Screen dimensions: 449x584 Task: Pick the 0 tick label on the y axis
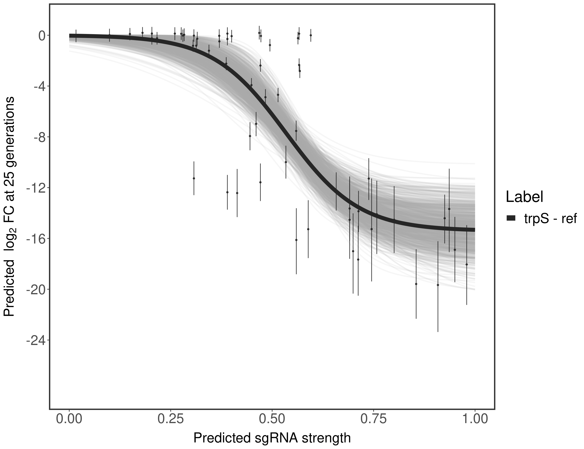click(42, 36)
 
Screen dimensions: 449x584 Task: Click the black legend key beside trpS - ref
click(511, 218)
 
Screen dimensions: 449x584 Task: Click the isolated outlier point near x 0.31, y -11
click(194, 178)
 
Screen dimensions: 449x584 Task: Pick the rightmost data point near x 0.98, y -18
click(467, 264)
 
